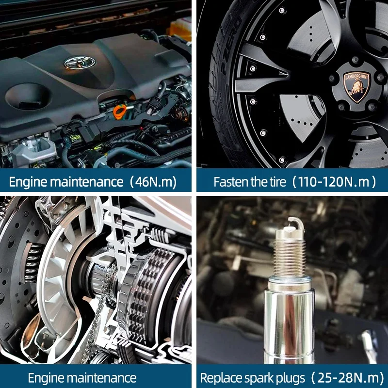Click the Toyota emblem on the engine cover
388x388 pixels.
click(80, 62)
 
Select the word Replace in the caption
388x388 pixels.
click(218, 377)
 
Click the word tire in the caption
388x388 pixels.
click(276, 182)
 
